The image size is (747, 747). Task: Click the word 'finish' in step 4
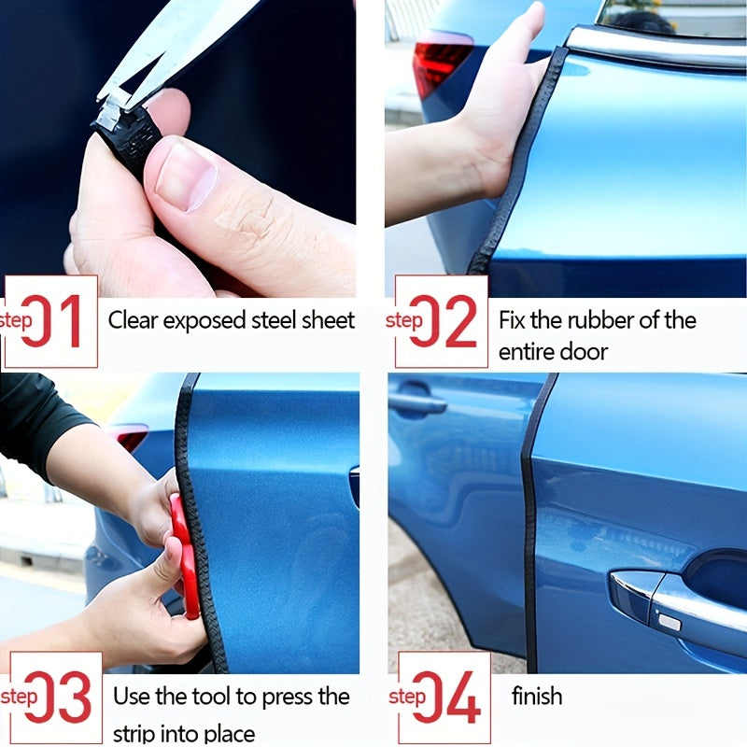pos(537,696)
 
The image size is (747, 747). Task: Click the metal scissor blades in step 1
pos(177,47)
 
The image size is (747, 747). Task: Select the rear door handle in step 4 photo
pos(417,403)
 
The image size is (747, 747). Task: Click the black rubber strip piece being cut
pos(126,135)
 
